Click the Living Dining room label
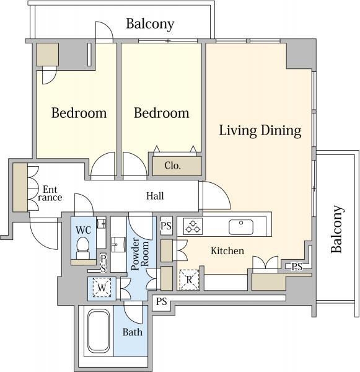tap(260, 131)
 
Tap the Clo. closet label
tap(172, 166)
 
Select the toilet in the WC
tap(82, 248)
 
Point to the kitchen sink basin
tap(241, 227)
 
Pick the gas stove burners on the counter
tap(193, 226)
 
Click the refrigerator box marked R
tap(189, 280)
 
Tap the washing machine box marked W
tap(102, 288)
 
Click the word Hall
tap(155, 196)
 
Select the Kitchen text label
tap(227, 250)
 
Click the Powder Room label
tap(139, 254)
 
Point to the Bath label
tap(133, 332)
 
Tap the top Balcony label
tap(150, 24)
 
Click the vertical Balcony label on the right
tap(337, 229)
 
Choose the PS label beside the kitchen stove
tap(166, 226)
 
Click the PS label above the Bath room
tap(162, 302)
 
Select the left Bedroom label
tap(79, 113)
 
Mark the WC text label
tap(83, 230)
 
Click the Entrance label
tap(50, 193)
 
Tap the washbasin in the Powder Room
tap(118, 244)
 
